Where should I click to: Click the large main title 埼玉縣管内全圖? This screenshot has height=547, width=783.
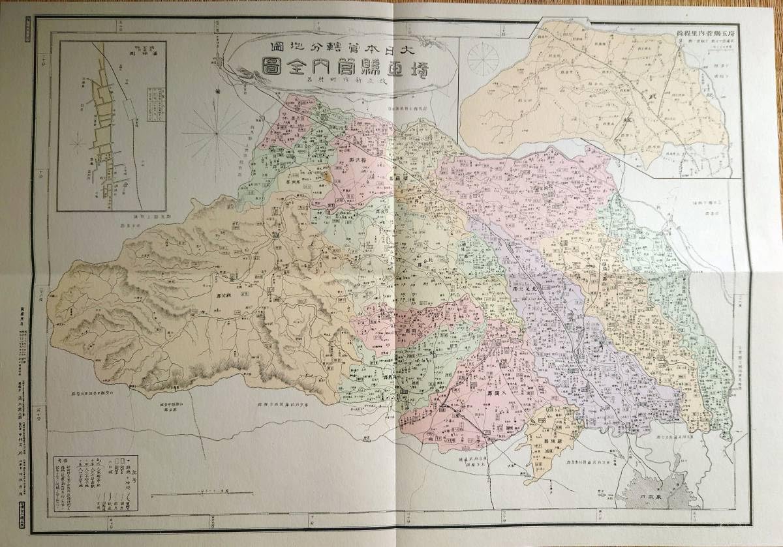(346, 70)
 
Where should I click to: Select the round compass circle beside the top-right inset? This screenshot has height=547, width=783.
(483, 58)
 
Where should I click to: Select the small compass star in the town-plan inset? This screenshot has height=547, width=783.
(77, 140)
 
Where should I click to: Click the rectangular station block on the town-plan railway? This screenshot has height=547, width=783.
(127, 108)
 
